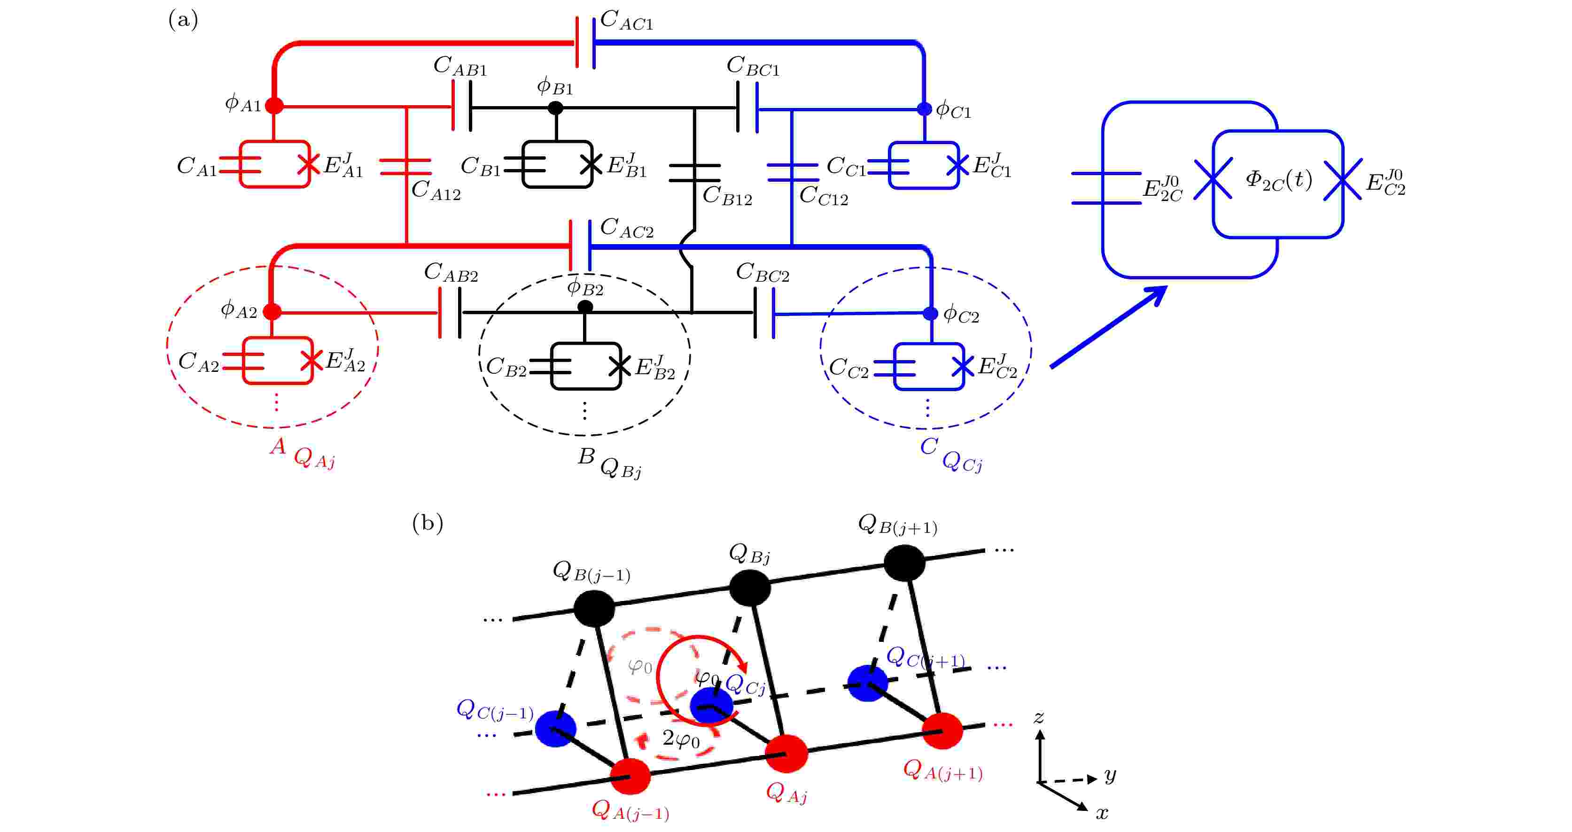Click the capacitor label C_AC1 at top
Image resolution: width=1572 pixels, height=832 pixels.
[x=627, y=21]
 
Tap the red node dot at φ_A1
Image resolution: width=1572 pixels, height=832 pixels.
[x=275, y=106]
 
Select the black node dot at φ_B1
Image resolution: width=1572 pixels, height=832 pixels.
[x=555, y=108]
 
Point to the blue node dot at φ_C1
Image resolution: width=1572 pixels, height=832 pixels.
[x=925, y=109]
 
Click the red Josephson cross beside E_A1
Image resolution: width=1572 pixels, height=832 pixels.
[x=309, y=163]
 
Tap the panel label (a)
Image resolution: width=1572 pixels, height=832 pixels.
[x=183, y=20]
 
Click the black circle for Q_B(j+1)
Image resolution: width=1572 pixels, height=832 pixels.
[x=904, y=562]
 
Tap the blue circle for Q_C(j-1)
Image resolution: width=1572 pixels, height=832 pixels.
[x=555, y=728]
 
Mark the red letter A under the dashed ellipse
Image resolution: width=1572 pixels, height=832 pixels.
[x=278, y=447]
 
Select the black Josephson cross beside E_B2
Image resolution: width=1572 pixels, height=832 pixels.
[x=620, y=366]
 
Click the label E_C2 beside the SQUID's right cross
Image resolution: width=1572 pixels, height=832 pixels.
[x=1385, y=183]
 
